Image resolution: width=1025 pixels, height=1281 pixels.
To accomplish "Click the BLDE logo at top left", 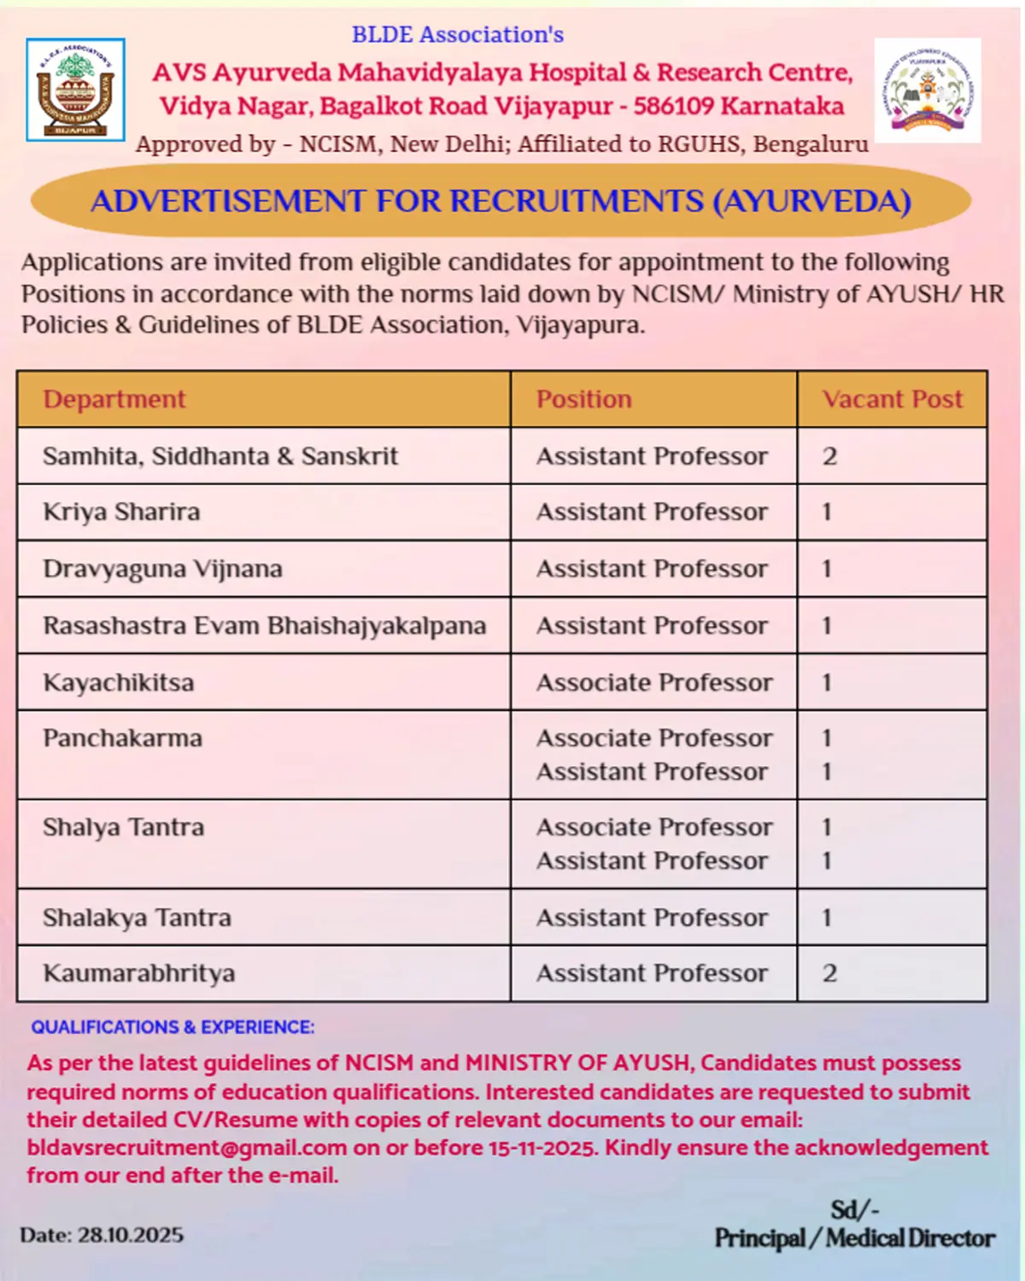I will pos(75,90).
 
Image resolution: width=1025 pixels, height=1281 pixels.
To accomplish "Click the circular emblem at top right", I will pos(928,90).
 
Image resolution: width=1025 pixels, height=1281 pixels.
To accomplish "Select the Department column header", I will pos(114,400).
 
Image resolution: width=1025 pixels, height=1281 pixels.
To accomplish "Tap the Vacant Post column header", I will pos(892,400).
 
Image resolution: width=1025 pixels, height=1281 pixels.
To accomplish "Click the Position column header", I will pos(584,400).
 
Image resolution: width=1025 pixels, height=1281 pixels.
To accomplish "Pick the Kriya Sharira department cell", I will pos(121,512).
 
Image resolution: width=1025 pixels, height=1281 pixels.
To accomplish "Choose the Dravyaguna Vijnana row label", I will pos(162,569).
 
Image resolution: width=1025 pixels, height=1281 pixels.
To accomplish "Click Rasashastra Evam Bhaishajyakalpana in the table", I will pos(265,626).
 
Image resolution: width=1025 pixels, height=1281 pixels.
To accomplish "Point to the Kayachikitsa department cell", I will pos(119,683).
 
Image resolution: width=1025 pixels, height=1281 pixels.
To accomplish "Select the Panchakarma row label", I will pos(123,739).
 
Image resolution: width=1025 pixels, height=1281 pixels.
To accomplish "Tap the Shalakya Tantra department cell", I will pos(137,918).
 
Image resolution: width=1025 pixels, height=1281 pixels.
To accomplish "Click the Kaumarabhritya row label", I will pos(139,974).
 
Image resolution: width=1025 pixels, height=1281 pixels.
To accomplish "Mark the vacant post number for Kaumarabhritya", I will pos(829,974).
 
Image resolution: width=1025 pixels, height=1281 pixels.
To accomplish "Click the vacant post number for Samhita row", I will pos(829,457).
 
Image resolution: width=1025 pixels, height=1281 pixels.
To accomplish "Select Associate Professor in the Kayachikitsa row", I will pos(654,683).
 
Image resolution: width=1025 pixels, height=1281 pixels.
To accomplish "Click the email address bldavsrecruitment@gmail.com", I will pos(187,1148).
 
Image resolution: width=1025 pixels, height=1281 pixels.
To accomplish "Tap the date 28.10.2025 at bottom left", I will pos(131,1236).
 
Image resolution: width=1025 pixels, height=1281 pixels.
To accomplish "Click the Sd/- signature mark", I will pos(854,1210).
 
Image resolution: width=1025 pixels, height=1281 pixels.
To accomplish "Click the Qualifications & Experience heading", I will pos(173,1027).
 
